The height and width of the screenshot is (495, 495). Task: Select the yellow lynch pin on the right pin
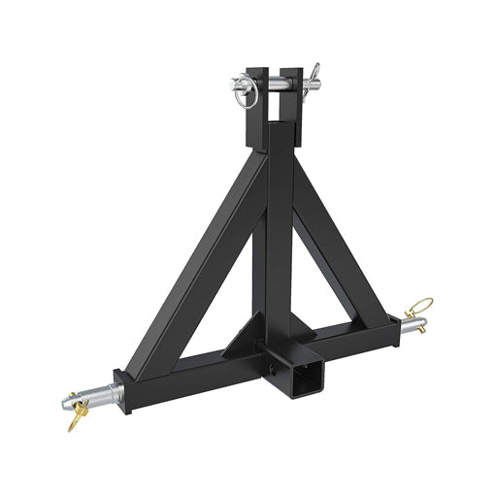(x=420, y=309)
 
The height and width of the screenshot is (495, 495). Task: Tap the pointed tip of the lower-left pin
(x=59, y=403)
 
